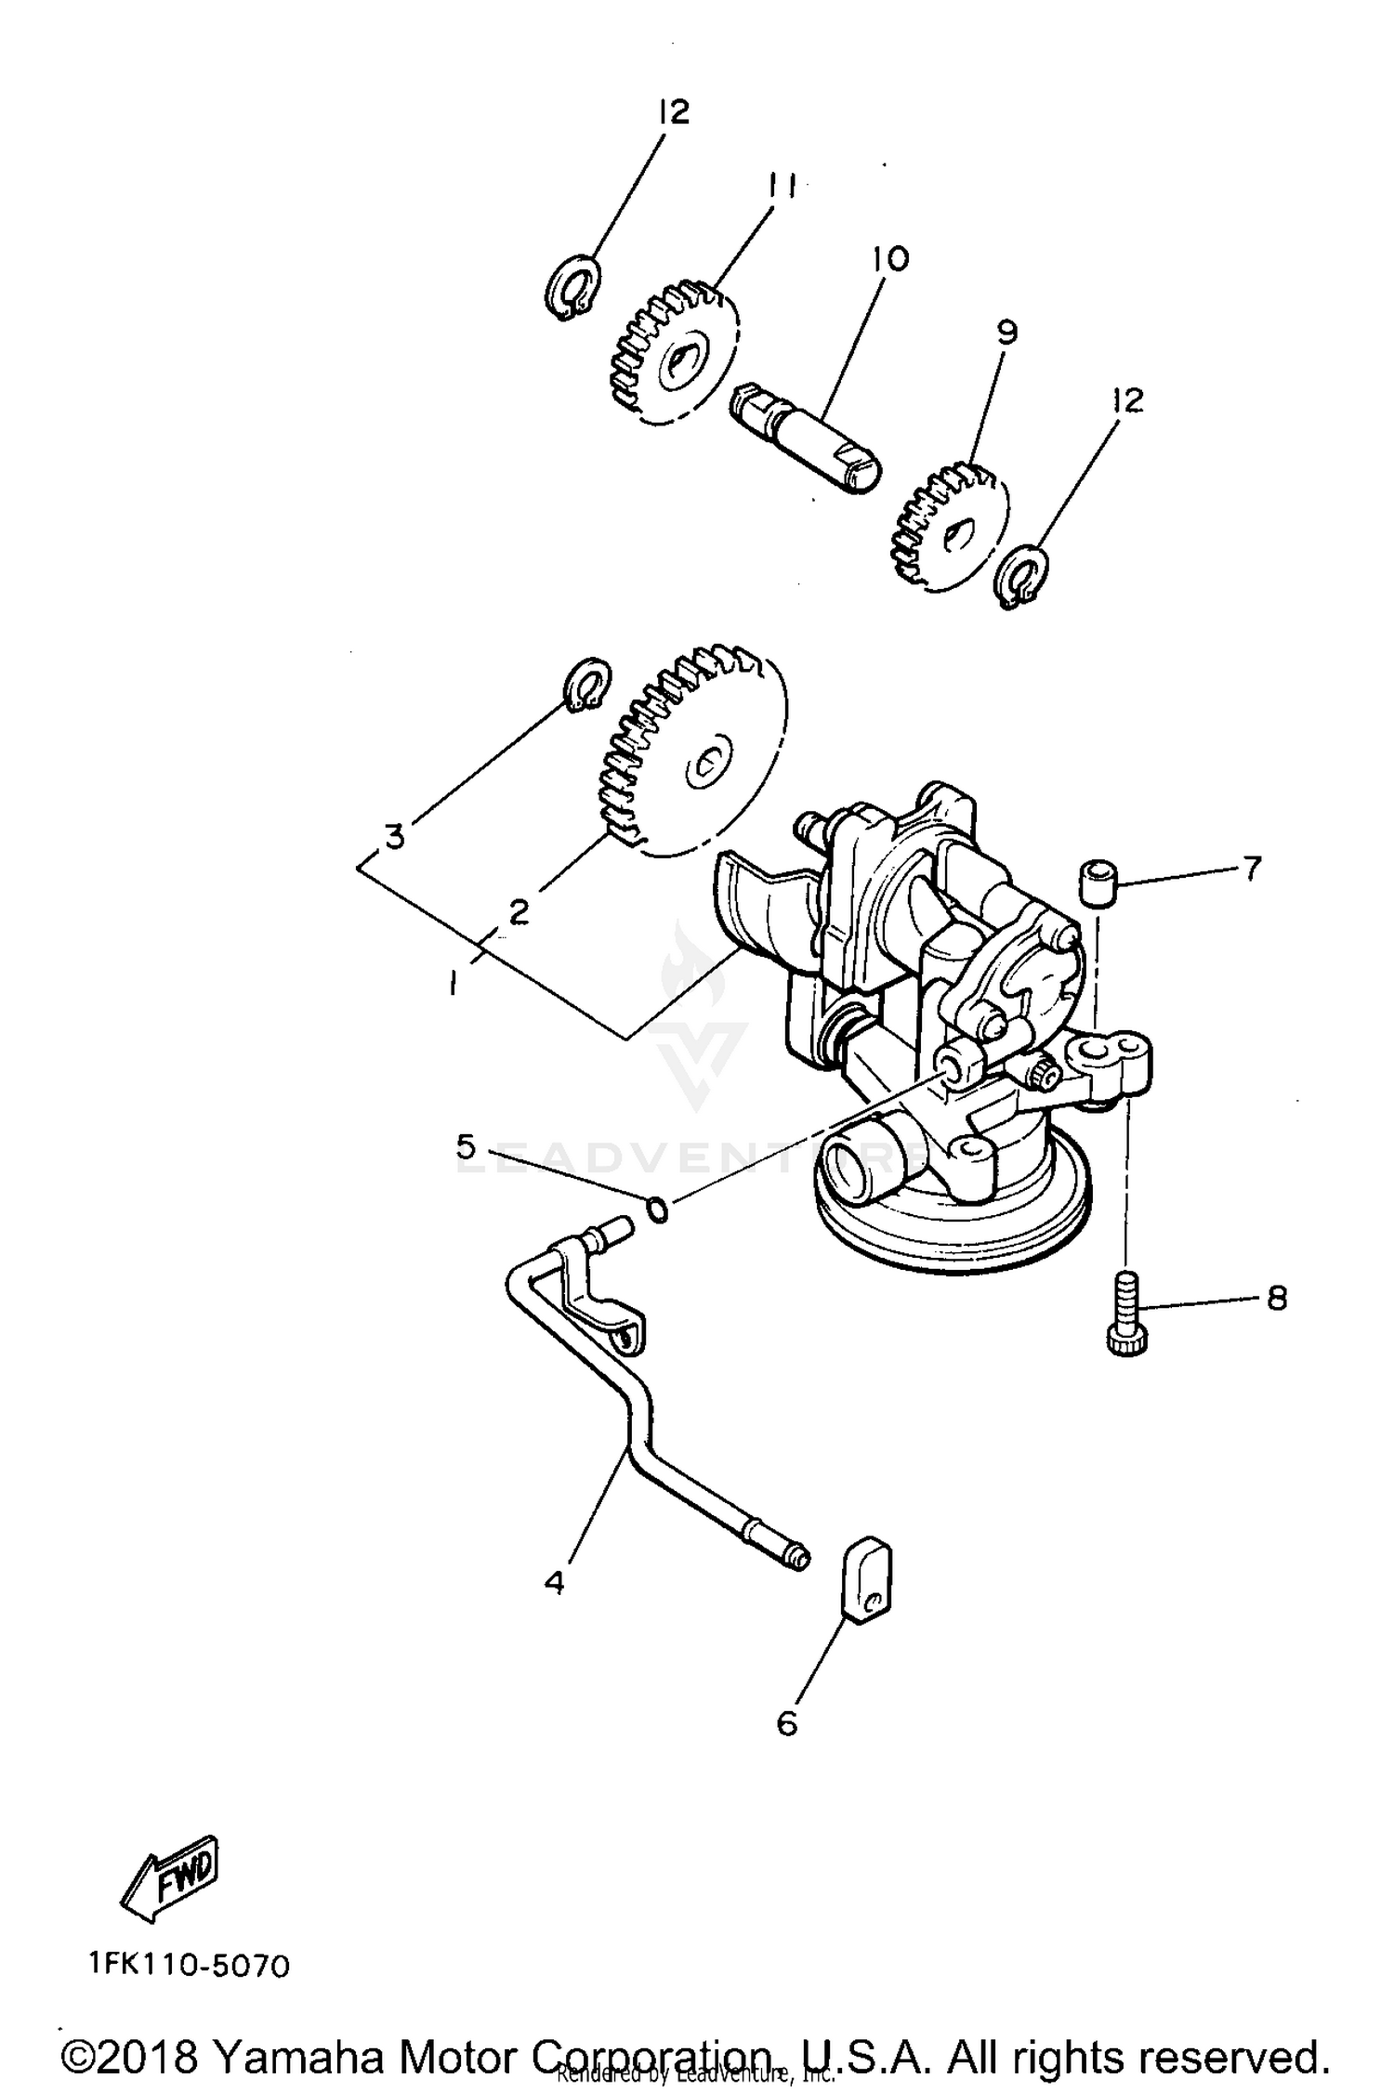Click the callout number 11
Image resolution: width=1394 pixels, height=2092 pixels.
coord(780,189)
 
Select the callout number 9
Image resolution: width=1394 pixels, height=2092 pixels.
coord(1007,332)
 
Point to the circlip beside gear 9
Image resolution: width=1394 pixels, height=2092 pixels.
coord(1021,578)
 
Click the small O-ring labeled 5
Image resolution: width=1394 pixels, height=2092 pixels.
coord(657,1210)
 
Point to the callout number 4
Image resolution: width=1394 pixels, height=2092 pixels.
coord(554,1582)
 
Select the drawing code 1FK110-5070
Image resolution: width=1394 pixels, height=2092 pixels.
coord(191,1966)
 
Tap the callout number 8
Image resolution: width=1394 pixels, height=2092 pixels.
coord(1277,1299)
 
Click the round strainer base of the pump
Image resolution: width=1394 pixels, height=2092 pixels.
coord(952,1208)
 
